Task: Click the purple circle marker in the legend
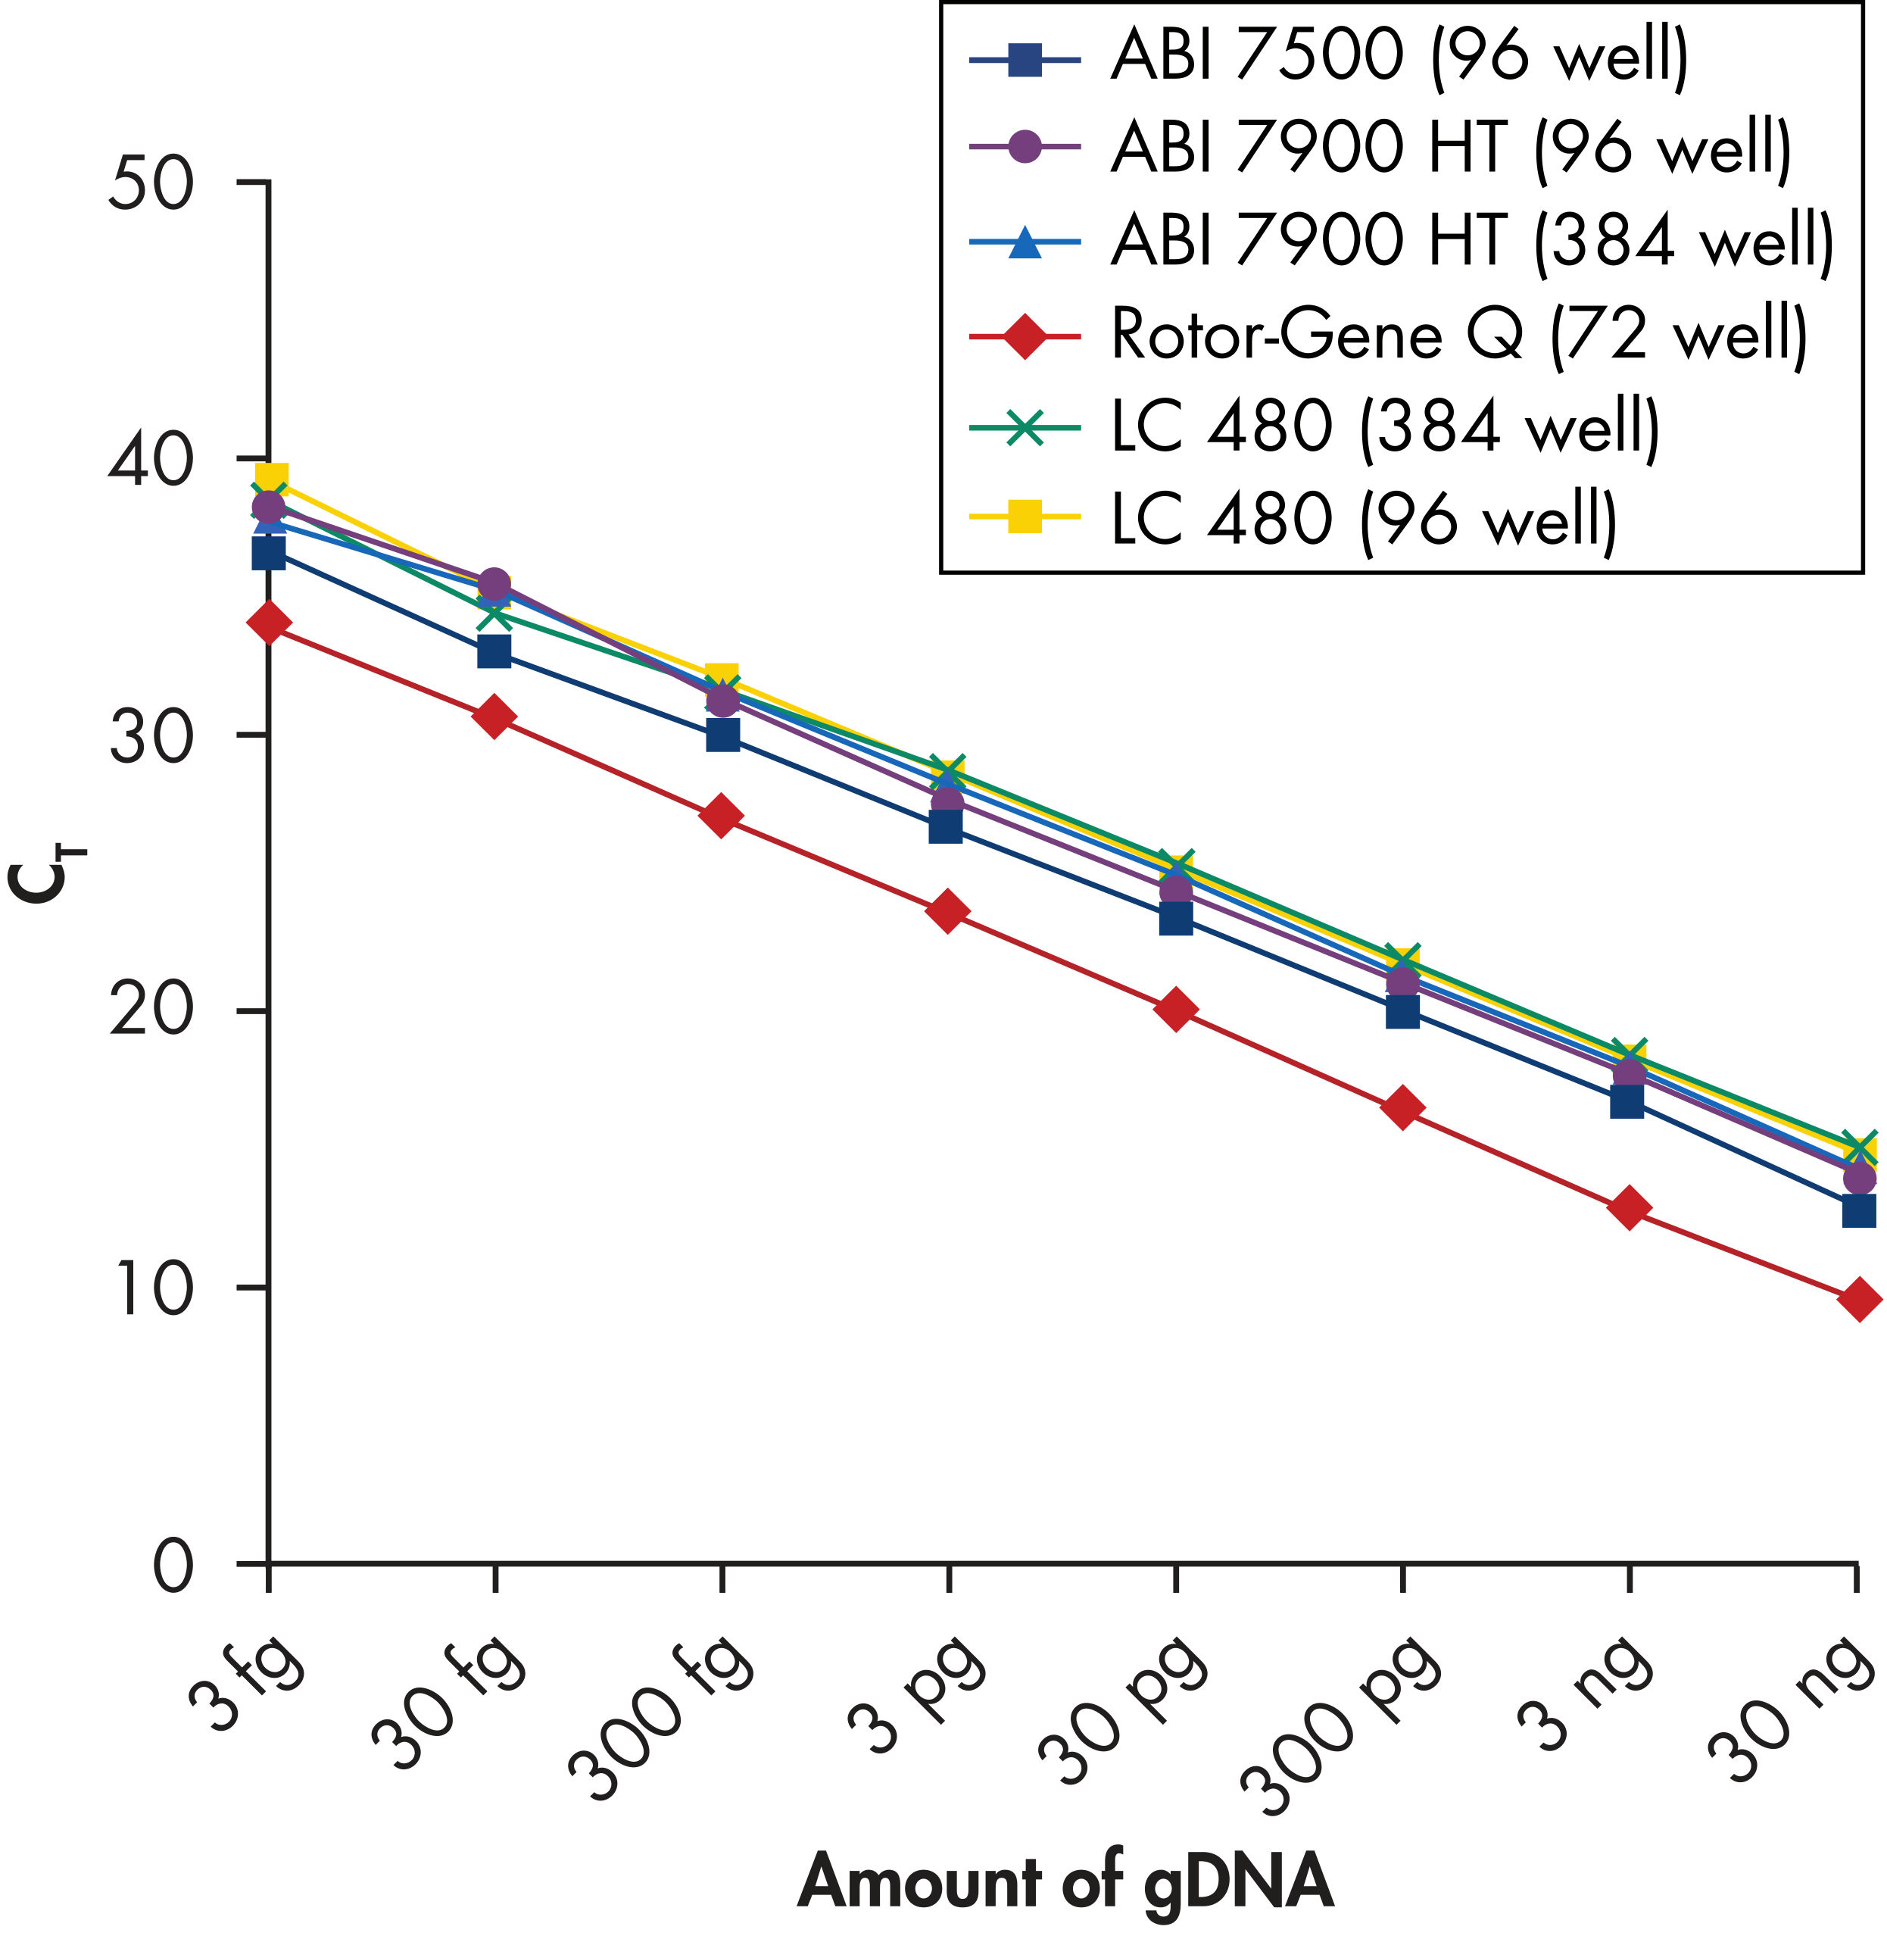click(x=1025, y=147)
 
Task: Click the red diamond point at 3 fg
click(x=269, y=623)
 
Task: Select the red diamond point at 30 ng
click(x=1858, y=1300)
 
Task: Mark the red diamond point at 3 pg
click(x=947, y=911)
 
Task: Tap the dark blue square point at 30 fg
click(x=494, y=652)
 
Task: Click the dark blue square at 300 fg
click(x=722, y=735)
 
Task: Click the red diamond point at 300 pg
click(x=1402, y=1108)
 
